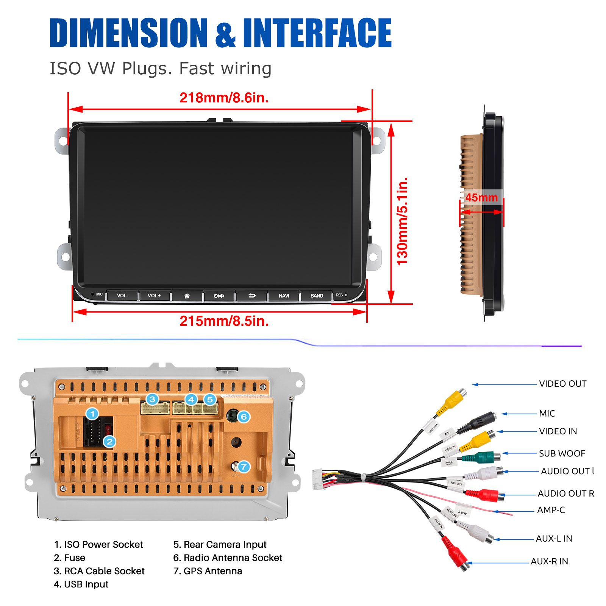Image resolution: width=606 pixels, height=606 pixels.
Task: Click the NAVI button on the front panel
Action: tap(284, 296)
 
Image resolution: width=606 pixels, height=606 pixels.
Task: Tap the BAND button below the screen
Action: tap(317, 296)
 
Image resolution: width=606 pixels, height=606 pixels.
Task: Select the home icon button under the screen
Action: tap(187, 296)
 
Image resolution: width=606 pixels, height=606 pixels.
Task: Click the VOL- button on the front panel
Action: tap(122, 295)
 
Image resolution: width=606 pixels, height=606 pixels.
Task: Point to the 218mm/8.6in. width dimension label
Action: tap(224, 98)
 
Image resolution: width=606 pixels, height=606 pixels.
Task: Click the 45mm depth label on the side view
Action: tap(481, 197)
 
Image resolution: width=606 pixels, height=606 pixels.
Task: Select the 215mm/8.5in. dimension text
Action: tap(224, 321)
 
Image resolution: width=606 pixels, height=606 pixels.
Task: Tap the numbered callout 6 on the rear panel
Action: tap(244, 417)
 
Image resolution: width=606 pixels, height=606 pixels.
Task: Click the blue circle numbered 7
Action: tap(244, 467)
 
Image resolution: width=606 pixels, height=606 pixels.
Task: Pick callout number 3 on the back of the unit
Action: tap(152, 399)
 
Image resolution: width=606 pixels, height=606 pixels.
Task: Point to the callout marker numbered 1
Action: tap(92, 414)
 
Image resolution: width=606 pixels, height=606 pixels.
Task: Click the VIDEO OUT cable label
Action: tap(562, 384)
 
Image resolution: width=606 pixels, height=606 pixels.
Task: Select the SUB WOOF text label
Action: tap(562, 453)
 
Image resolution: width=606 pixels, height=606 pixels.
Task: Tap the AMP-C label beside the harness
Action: tap(551, 510)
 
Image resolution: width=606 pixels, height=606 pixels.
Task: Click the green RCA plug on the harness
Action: tap(481, 458)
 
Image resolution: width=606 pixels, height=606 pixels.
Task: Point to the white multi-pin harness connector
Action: tap(318, 479)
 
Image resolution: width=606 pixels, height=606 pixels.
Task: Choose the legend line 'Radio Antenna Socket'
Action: tap(228, 558)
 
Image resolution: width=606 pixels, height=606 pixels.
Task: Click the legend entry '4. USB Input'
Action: tap(81, 584)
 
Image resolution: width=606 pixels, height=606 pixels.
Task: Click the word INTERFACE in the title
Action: tap(317, 33)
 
